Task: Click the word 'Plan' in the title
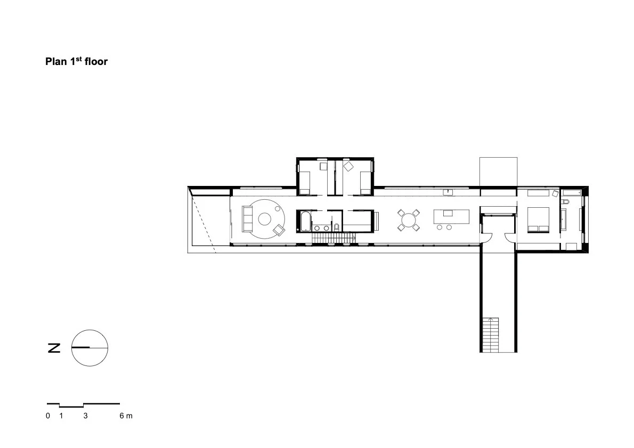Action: pos(56,61)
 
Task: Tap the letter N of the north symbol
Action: pos(54,348)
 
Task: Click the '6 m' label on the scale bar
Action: pos(126,416)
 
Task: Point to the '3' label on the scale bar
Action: pos(85,416)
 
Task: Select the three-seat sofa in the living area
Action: pos(247,219)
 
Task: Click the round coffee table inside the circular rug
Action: pos(264,219)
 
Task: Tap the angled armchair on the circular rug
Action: pos(279,230)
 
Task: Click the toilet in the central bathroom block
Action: pos(336,227)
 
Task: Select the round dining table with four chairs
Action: pos(409,221)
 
